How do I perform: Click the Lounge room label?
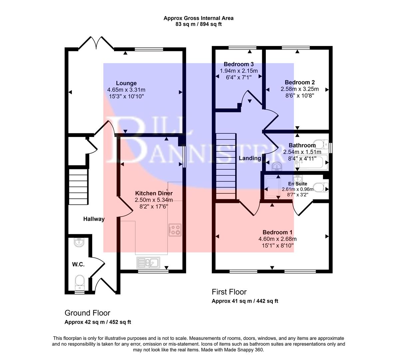click(x=126, y=83)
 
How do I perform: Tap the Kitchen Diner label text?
click(x=154, y=193)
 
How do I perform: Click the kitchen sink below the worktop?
click(x=148, y=263)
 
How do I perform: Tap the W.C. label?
click(x=78, y=264)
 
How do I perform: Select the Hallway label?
click(x=94, y=219)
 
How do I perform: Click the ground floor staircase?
click(x=79, y=187)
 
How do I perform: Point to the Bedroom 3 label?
click(x=238, y=64)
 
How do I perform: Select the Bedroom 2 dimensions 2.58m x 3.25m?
click(x=299, y=89)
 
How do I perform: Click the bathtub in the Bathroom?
click(x=313, y=163)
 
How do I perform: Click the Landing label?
click(x=250, y=158)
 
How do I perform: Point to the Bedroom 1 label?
click(x=277, y=232)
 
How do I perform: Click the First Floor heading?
click(x=229, y=292)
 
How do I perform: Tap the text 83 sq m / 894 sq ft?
click(x=198, y=24)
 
